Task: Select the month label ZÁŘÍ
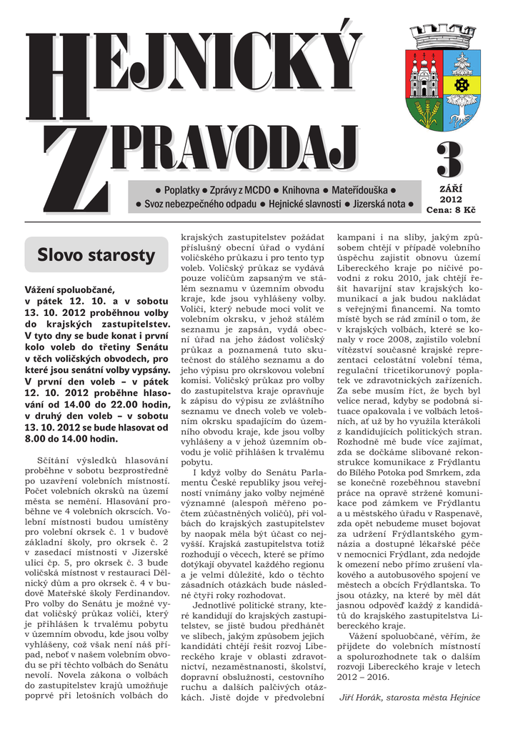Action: (450, 188)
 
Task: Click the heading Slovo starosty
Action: (96, 254)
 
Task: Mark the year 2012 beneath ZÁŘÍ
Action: (450, 199)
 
